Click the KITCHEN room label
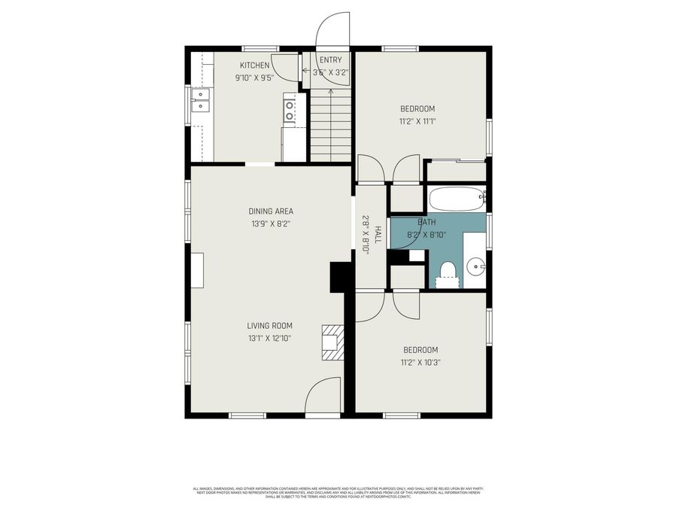pos(254,65)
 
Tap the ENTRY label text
pos(330,60)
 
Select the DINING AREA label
pos(271,211)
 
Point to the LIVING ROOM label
pos(269,326)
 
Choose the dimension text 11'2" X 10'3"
pos(420,362)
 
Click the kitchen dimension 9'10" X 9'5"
pos(254,77)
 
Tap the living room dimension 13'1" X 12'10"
pos(269,338)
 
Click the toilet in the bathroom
pos(448,274)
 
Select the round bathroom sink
pos(475,266)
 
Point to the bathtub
pos(457,199)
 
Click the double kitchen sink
pos(200,100)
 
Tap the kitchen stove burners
pos(289,111)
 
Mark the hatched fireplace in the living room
pos(332,342)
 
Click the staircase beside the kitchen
pos(330,124)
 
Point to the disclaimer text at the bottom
pos(338,492)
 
